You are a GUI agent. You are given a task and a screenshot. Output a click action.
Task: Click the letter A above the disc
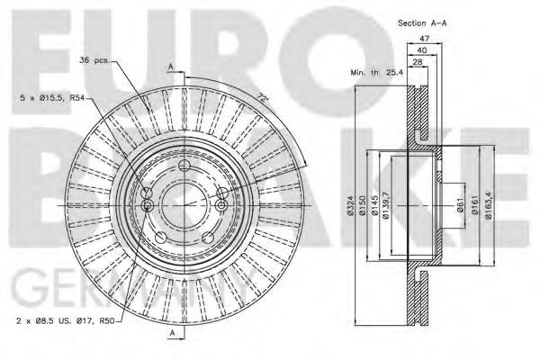point(171,66)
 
